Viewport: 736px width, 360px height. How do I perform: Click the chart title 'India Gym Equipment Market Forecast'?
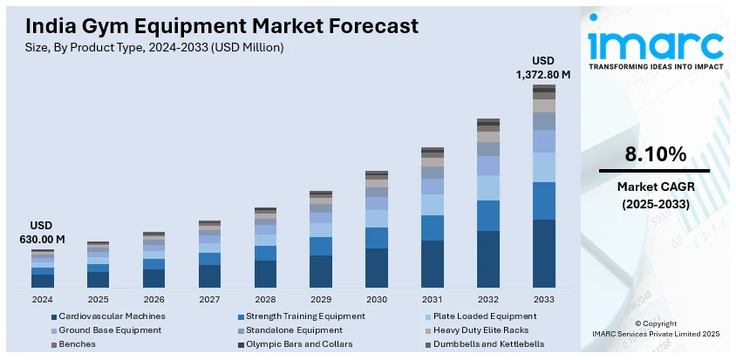[216, 25]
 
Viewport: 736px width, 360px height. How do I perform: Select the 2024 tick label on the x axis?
[42, 299]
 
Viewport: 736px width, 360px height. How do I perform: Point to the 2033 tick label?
[543, 299]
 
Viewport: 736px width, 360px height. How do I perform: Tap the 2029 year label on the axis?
[321, 299]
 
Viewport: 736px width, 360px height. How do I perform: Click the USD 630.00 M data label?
[42, 233]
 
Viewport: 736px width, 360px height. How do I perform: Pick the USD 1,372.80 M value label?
[543, 67]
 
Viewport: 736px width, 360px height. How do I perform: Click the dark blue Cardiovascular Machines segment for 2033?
[543, 254]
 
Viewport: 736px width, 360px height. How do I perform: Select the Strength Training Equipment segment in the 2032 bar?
[488, 215]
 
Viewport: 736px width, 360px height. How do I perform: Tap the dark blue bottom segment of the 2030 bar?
[377, 268]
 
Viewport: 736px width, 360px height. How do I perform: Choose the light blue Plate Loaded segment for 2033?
[543, 167]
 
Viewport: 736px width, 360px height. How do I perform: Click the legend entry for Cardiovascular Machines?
[108, 316]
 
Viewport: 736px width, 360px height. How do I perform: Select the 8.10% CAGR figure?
[655, 154]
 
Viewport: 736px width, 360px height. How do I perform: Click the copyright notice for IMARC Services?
[655, 329]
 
